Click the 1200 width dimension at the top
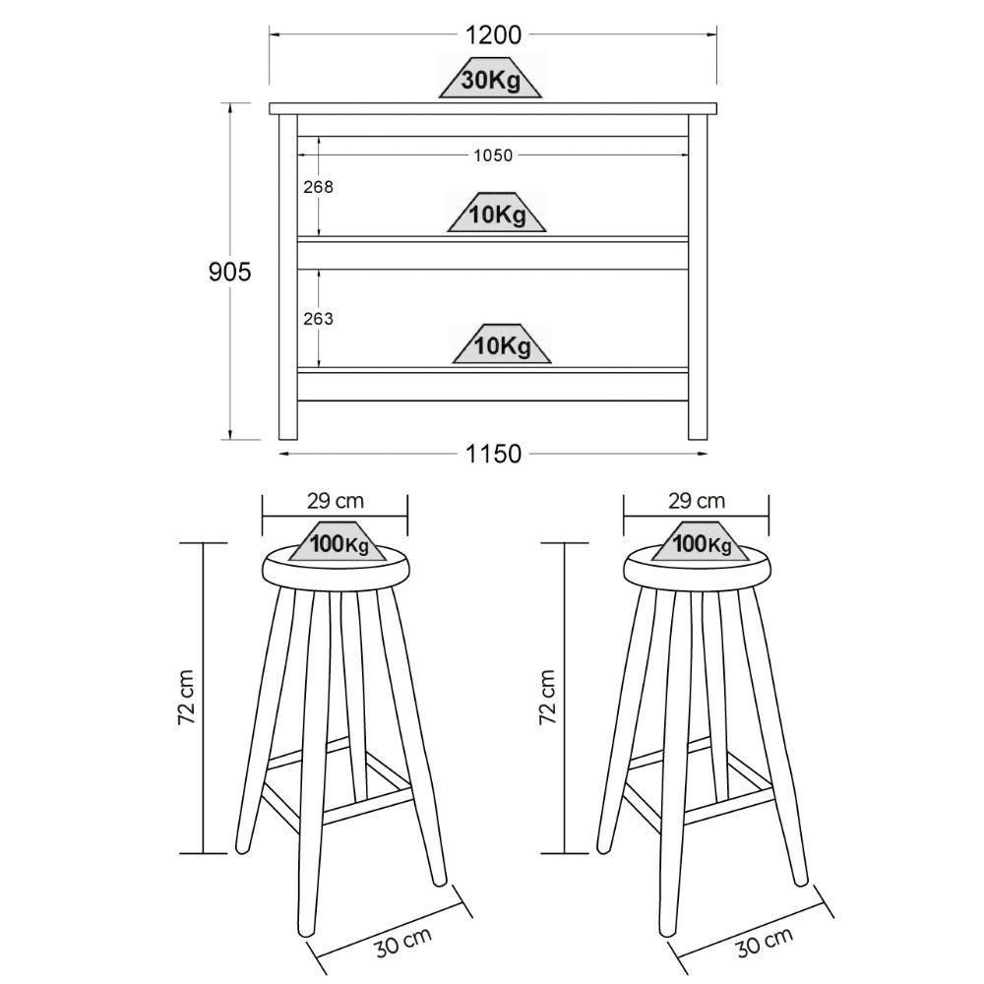[493, 35]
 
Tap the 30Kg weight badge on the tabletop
[490, 79]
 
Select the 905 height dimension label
[229, 272]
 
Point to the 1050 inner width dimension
[493, 155]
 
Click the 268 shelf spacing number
[318, 187]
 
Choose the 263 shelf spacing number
[318, 319]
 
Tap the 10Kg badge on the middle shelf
[496, 213]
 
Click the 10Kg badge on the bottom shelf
[502, 343]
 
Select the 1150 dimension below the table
[493, 453]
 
